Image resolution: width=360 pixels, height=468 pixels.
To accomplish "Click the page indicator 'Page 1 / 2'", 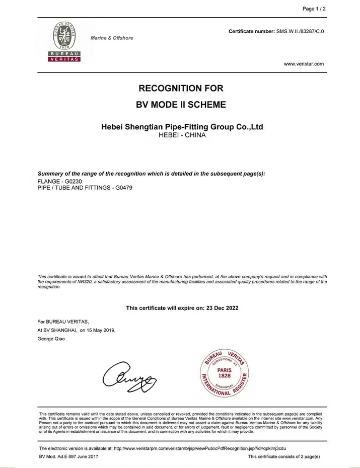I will pyautogui.click(x=314, y=9).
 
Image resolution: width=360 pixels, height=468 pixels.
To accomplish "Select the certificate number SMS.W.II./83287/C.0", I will pyautogui.click(x=300, y=32).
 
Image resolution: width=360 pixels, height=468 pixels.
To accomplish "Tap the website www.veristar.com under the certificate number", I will pyautogui.click(x=304, y=64).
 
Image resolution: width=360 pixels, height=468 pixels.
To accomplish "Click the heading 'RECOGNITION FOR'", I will pyautogui.click(x=181, y=89).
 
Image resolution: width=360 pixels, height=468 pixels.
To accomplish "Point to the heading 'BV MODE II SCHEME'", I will pyautogui.click(x=181, y=105).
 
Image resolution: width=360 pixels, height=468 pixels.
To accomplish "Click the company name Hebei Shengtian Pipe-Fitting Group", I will pyautogui.click(x=182, y=127).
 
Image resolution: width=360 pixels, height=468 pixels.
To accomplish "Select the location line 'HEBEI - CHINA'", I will pyautogui.click(x=182, y=135).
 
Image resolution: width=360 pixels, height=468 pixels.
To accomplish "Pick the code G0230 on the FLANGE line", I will pyautogui.click(x=74, y=181).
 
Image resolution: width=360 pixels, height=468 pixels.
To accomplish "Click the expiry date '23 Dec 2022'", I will pyautogui.click(x=222, y=308).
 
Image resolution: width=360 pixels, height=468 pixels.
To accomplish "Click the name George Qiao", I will pyautogui.click(x=51, y=339).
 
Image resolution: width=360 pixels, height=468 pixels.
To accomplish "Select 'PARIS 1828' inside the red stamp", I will pyautogui.click(x=225, y=373).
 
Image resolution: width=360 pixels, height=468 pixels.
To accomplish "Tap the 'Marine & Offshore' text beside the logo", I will pyautogui.click(x=112, y=38).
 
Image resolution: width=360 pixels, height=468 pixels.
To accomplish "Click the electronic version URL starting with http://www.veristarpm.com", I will pyautogui.click(x=200, y=448).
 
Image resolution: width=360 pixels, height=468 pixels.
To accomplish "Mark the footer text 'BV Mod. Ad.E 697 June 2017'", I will pyautogui.click(x=68, y=456).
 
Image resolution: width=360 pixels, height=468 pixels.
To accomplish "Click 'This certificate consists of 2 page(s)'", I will pyautogui.click(x=284, y=456).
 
